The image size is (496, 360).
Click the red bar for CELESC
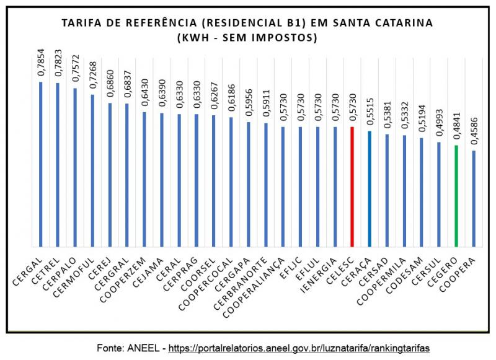[x=352, y=186]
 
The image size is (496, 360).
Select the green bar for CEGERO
[x=456, y=195]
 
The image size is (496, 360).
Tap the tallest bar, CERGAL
[x=41, y=164]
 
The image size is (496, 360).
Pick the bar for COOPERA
[x=473, y=198]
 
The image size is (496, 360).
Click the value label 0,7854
[x=41, y=62]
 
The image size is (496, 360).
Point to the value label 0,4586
[x=473, y=131]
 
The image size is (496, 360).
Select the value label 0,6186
[x=231, y=97]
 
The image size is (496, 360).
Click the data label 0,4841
[x=456, y=126]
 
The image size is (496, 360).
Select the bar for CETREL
[x=58, y=164]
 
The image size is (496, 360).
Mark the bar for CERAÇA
[x=369, y=188]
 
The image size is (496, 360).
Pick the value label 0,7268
[x=93, y=74]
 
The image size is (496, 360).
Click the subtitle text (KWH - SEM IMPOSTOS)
[x=247, y=38]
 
